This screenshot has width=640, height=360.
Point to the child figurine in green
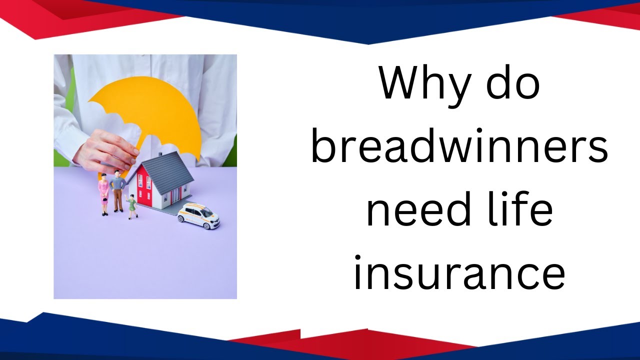point(132,205)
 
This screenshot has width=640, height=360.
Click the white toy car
point(198,215)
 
